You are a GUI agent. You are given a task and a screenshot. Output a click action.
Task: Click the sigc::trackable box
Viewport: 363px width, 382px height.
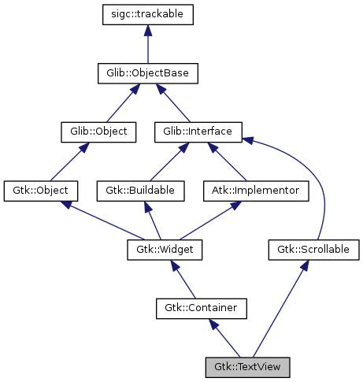(x=147, y=14)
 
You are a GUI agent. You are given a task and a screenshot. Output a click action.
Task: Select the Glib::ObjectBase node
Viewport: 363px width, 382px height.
(x=147, y=73)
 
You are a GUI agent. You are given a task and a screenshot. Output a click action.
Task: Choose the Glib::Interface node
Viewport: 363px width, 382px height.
(x=198, y=132)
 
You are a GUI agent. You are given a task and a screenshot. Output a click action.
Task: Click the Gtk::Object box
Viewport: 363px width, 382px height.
(x=41, y=191)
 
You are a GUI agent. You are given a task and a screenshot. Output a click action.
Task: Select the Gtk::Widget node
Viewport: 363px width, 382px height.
(x=165, y=250)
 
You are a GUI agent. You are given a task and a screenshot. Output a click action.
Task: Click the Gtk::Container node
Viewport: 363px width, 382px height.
(x=202, y=308)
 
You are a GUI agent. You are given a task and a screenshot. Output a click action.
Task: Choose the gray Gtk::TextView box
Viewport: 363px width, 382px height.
(x=247, y=367)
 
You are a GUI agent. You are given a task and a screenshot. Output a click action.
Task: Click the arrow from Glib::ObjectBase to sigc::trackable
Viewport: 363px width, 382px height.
(x=147, y=44)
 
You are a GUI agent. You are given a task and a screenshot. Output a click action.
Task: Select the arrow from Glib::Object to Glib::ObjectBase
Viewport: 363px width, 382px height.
(x=122, y=103)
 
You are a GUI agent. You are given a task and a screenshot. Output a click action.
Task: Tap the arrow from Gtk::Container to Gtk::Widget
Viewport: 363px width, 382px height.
(x=183, y=280)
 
